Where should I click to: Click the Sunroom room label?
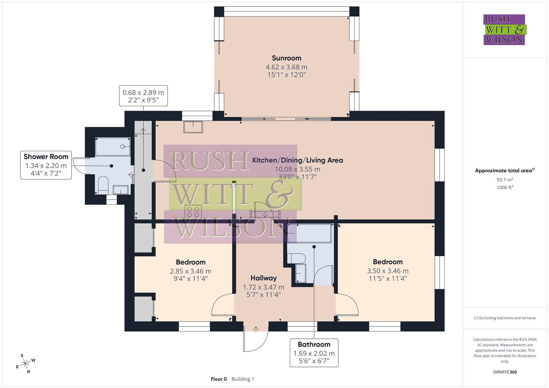point(287,58)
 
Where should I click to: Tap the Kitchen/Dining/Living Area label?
point(297,160)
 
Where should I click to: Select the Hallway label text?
point(264,278)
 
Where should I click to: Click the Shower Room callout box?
point(46,165)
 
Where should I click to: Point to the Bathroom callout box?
point(314,352)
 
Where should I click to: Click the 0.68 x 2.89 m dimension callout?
point(143,96)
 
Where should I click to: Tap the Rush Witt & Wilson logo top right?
point(504,29)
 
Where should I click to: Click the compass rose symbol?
point(25,364)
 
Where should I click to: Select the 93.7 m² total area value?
point(505,180)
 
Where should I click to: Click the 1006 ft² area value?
point(505,188)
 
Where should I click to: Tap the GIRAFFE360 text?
point(505,372)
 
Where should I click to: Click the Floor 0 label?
point(219,379)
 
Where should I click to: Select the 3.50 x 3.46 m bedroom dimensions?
point(388,271)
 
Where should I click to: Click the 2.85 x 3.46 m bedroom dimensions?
point(191,271)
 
